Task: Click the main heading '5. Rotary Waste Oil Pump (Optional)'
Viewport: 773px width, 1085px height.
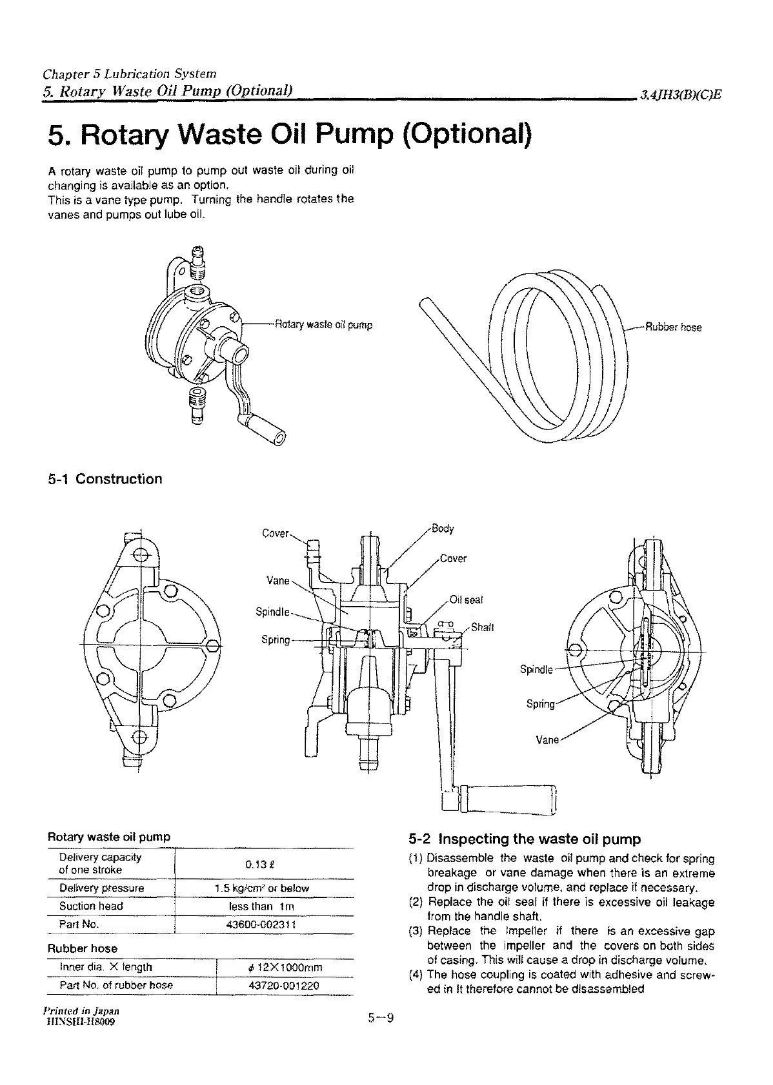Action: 290,136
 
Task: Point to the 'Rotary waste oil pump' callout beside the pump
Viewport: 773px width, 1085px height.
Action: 323,325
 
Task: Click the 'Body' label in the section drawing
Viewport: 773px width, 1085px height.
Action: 443,529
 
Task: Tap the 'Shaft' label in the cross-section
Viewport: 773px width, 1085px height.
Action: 483,627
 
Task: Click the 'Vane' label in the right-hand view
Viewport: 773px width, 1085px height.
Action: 547,739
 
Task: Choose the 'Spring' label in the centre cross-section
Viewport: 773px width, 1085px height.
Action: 276,640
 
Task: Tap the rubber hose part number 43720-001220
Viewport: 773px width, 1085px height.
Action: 284,985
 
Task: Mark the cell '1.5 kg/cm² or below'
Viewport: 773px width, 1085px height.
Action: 261,888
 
